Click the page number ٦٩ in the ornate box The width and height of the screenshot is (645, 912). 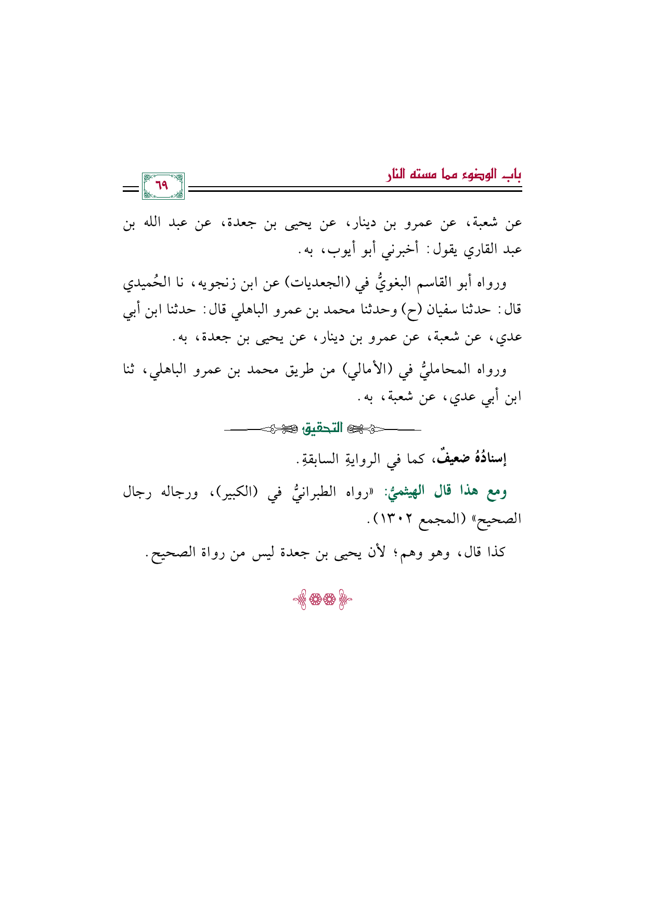pyautogui.click(x=163, y=186)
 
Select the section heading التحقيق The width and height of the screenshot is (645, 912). pyautogui.click(x=323, y=428)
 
